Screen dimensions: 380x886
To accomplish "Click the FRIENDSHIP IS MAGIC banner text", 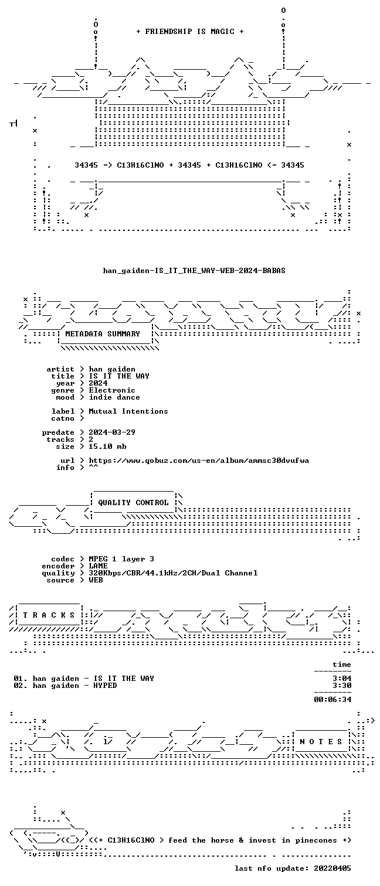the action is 190,32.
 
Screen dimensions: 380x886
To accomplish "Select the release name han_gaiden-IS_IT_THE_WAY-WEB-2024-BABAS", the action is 194,271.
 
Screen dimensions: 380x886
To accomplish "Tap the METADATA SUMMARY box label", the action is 103,334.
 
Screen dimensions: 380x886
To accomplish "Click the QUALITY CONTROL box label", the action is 133,503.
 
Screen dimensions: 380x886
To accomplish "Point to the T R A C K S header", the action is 49,615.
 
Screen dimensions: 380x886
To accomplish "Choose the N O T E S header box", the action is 321,742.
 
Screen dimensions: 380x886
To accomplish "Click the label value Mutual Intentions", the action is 128,411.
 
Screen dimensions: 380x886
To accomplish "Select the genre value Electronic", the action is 112,390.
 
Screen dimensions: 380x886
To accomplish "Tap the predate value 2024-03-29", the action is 112,432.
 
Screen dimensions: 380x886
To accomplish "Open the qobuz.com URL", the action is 199,461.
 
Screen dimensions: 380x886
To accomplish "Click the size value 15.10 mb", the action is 107,447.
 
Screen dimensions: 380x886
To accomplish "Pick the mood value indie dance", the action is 114,397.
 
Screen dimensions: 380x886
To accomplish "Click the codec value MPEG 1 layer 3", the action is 121,559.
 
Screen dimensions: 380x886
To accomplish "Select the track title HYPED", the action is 105,686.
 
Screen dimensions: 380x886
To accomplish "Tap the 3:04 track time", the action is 342,679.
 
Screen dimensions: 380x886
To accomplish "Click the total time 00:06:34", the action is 333,699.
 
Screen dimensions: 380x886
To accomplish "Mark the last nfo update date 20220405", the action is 333,868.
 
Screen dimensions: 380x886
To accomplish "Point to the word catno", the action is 63,418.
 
